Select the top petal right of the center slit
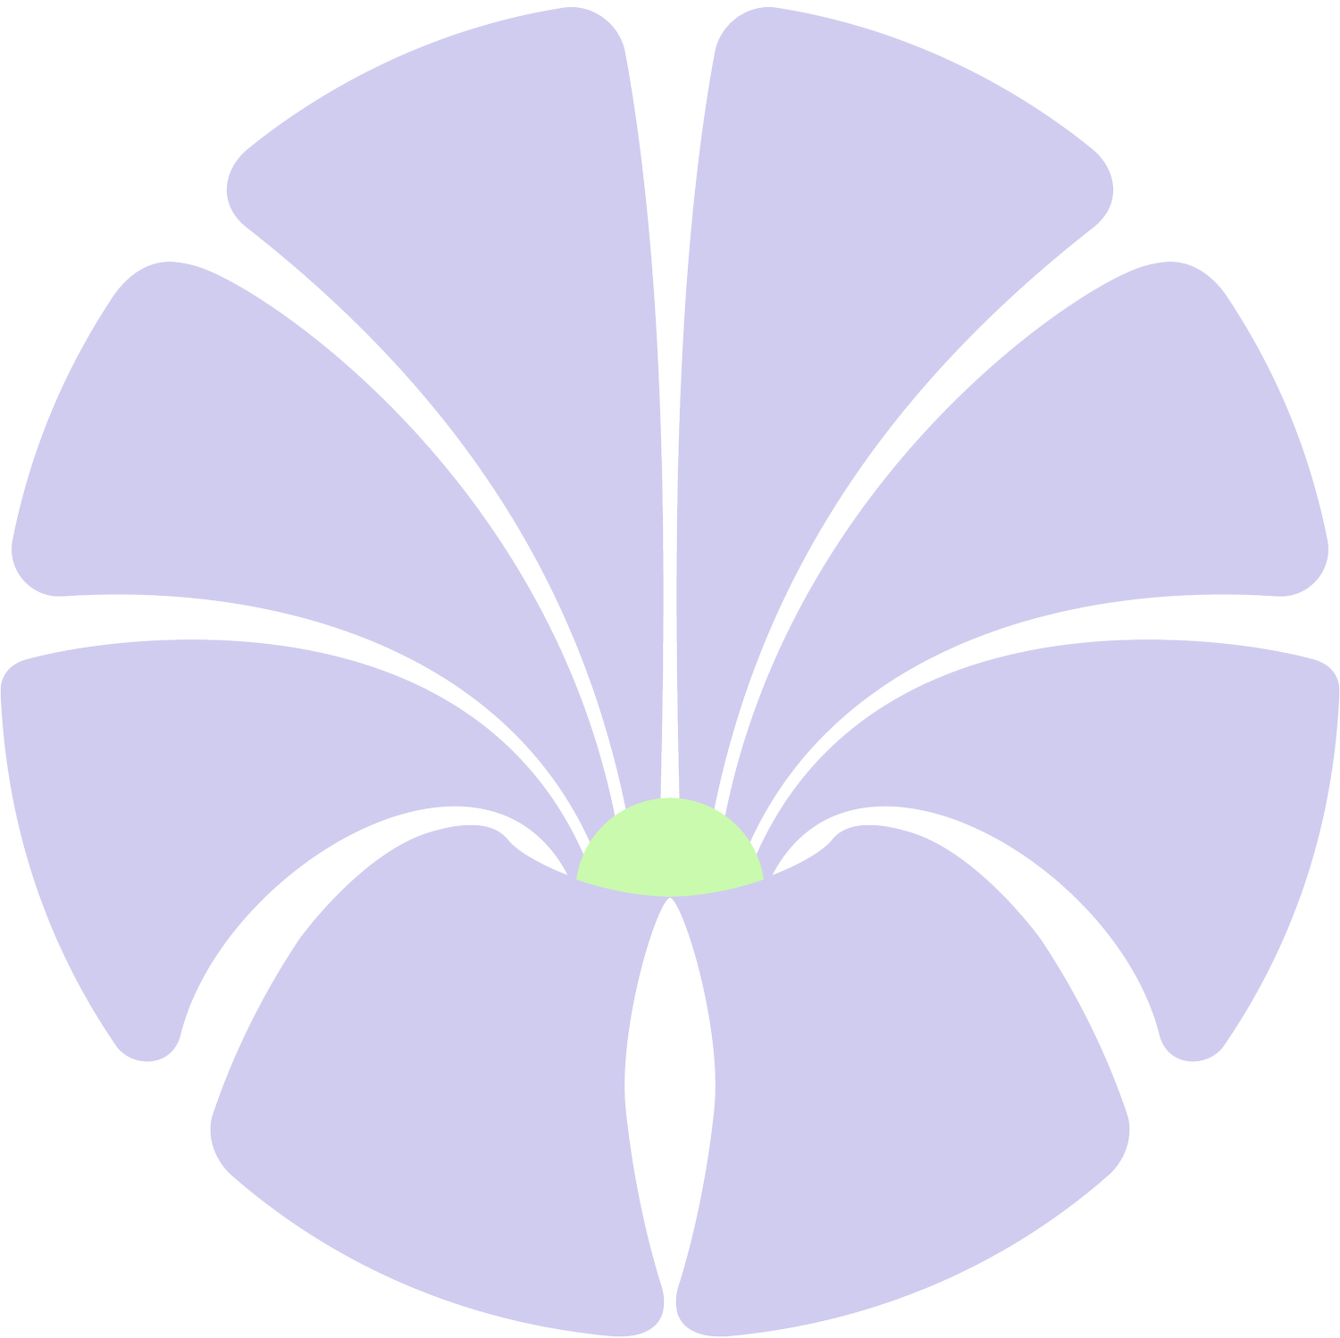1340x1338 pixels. [858, 268]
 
